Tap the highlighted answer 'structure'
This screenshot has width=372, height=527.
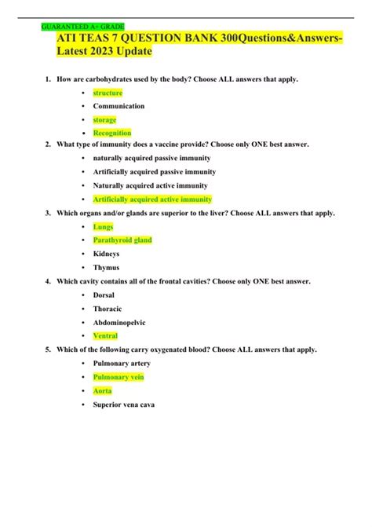(x=108, y=93)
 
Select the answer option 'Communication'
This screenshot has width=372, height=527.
(x=119, y=106)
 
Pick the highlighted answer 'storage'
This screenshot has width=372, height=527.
(x=104, y=119)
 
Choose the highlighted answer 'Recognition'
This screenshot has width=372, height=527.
(x=112, y=133)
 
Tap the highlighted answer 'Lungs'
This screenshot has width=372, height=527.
(x=103, y=226)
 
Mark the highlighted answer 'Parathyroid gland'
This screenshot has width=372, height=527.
(x=122, y=240)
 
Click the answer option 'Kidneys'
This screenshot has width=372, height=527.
(x=107, y=254)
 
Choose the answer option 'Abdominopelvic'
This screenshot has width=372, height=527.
(x=119, y=321)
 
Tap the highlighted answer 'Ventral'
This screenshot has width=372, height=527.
(x=106, y=335)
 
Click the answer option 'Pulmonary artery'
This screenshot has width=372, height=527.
(x=122, y=363)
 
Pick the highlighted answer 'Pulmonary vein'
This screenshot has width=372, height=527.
(x=119, y=377)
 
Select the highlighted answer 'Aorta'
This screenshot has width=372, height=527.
(x=103, y=390)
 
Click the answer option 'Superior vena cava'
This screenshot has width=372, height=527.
(x=124, y=404)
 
